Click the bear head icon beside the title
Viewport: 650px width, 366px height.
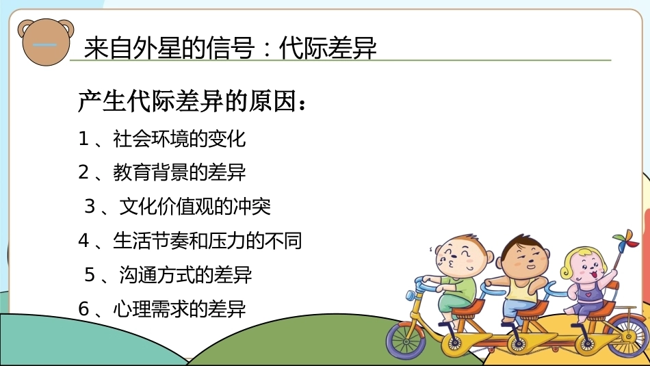[x=46, y=42]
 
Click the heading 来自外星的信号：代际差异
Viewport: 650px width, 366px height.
[x=230, y=48]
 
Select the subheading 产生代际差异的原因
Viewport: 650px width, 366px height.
[x=192, y=101]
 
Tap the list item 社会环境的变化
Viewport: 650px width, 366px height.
[x=179, y=138]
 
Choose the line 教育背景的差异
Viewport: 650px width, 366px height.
[x=179, y=172]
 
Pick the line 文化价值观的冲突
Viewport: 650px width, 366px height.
[x=195, y=207]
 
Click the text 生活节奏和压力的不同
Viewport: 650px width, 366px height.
[x=207, y=240]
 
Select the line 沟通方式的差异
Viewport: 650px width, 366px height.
[x=185, y=274]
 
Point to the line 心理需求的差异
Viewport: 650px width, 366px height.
[x=179, y=309]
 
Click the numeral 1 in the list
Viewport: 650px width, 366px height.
[x=83, y=139]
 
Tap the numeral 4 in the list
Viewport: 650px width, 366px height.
[x=83, y=241]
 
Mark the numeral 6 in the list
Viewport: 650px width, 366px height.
[x=83, y=309]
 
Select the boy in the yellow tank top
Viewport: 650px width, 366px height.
[x=522, y=278]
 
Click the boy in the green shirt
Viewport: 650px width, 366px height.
[x=455, y=277]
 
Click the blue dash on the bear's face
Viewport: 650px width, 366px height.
[x=44, y=44]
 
